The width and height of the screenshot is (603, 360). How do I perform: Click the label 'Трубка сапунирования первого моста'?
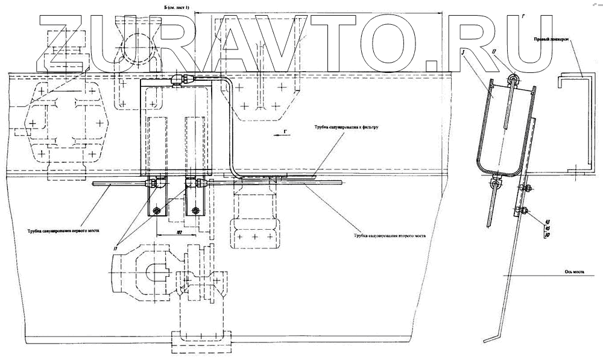[x=63, y=230]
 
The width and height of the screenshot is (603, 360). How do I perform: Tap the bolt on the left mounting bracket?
[x=157, y=210]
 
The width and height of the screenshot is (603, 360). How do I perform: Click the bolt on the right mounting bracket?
[x=195, y=210]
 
